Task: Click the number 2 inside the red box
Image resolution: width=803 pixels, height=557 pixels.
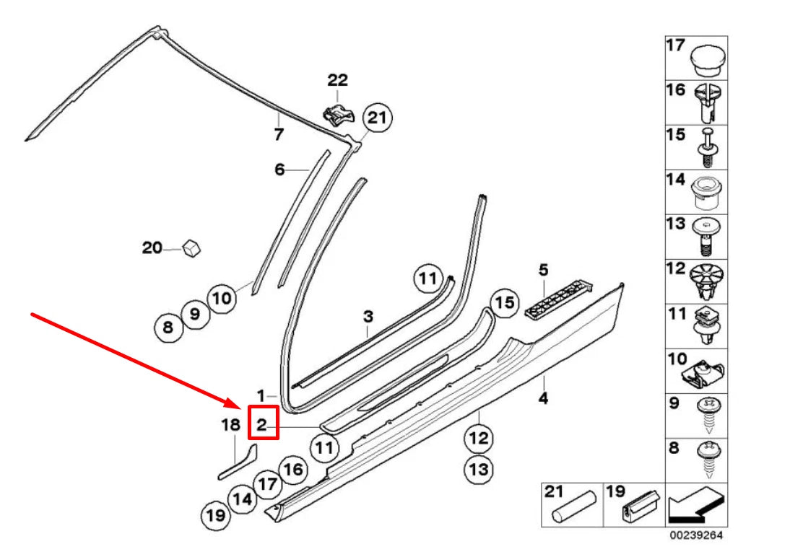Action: tap(263, 423)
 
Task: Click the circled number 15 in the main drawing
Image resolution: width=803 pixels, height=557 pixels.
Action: tap(505, 303)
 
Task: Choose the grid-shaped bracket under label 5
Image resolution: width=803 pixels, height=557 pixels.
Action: tap(557, 298)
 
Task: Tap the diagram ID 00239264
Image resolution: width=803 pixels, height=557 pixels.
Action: tap(696, 535)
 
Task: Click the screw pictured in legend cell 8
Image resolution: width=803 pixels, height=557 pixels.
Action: tap(707, 459)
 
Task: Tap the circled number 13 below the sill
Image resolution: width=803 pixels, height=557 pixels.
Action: tap(479, 470)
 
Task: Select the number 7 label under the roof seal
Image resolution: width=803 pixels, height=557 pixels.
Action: tap(279, 134)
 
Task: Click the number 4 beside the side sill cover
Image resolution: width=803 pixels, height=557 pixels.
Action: tap(542, 398)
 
